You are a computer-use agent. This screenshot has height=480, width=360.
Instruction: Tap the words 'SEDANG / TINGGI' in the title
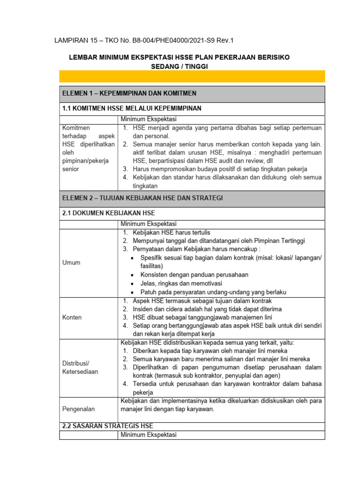tap(179, 67)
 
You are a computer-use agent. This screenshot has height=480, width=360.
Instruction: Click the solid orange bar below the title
tap(192, 76)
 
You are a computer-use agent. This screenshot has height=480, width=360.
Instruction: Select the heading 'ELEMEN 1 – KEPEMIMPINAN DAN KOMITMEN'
tap(129, 93)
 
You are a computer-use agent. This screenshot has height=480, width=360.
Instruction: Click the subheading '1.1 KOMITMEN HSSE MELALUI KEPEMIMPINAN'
tap(132, 108)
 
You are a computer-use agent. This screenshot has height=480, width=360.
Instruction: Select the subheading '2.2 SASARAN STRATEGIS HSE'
tap(107, 426)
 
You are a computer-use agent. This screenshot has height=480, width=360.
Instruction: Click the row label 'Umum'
tap(71, 262)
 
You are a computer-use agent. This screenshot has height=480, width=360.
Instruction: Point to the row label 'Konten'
tap(72, 317)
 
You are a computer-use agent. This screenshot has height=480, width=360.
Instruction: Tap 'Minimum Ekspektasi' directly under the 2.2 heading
tap(148, 435)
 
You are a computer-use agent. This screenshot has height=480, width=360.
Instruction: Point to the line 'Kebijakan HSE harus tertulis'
tap(172, 232)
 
